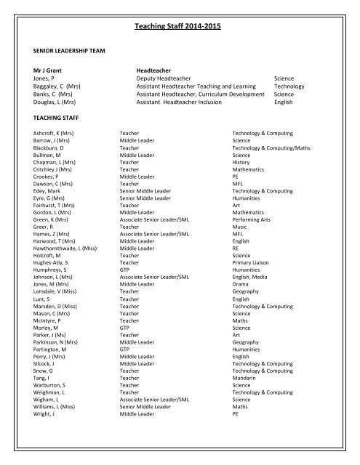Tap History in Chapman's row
[x=241, y=163]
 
